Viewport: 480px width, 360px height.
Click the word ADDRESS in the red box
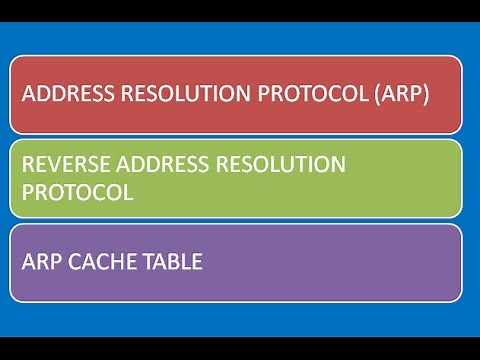(x=63, y=95)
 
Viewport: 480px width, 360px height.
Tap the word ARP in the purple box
(x=39, y=262)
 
